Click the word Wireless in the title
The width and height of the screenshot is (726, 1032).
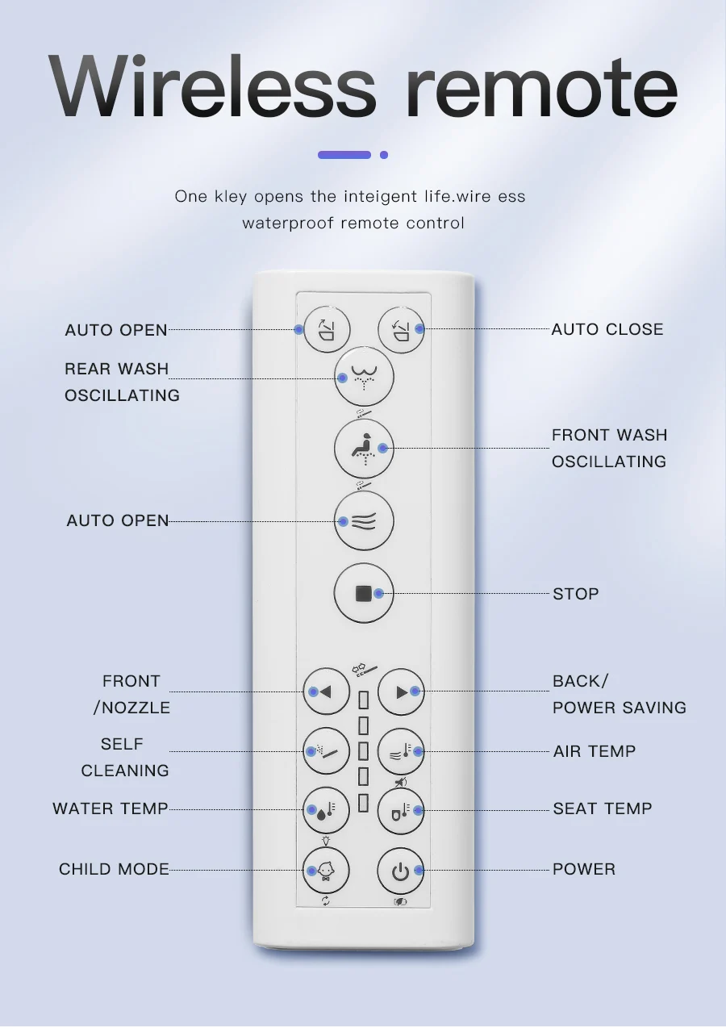[212, 85]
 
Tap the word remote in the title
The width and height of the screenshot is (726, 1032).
[541, 85]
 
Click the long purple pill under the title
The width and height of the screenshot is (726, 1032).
[344, 155]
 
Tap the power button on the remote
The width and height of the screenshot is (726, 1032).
[401, 871]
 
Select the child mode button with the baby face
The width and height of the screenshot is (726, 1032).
[326, 871]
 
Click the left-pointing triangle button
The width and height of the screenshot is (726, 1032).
[326, 691]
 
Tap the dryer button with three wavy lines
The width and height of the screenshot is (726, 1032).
[364, 521]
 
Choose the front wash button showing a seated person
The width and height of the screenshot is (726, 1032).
[364, 448]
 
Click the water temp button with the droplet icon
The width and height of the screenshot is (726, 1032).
[326, 810]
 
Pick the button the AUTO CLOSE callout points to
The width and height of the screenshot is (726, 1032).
[402, 329]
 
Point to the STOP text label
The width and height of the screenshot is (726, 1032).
[575, 594]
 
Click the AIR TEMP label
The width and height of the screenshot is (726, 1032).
[595, 751]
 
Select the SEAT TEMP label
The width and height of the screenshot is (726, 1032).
[603, 808]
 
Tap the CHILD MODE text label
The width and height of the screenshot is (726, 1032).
[114, 869]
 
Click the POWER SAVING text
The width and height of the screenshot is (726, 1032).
[620, 708]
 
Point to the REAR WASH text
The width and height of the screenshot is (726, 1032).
[117, 369]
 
